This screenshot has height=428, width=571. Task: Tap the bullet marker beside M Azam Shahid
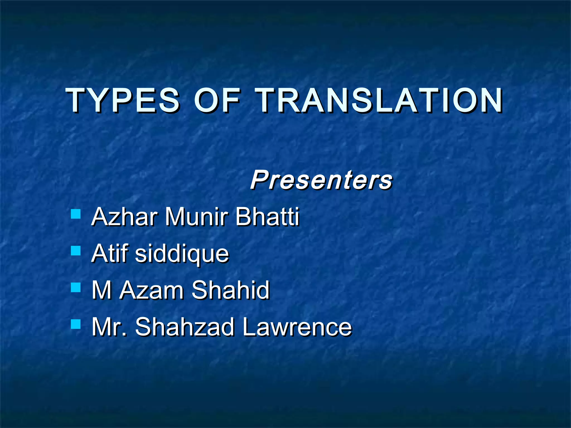tap(76, 287)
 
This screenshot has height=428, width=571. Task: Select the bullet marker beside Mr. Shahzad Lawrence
tap(76, 324)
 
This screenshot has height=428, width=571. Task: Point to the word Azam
tap(152, 290)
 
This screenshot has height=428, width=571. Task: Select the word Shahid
tap(231, 290)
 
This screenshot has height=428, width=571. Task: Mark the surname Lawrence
tap(297, 327)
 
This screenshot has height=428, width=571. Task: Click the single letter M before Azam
tap(102, 290)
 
